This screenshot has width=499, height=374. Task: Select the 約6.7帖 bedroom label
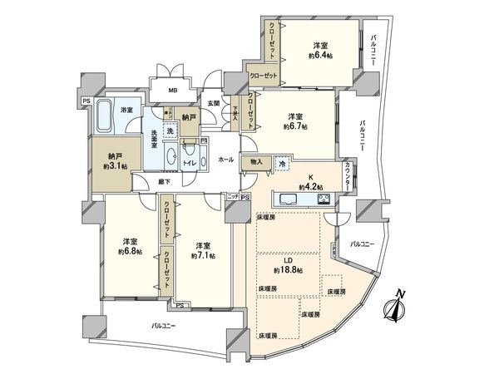(x=295, y=121)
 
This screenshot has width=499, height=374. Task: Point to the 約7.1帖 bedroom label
(x=203, y=250)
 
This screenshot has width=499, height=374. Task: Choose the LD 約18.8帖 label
(x=288, y=265)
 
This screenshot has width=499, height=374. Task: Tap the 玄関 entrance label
(x=213, y=103)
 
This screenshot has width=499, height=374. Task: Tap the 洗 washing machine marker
(x=170, y=131)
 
